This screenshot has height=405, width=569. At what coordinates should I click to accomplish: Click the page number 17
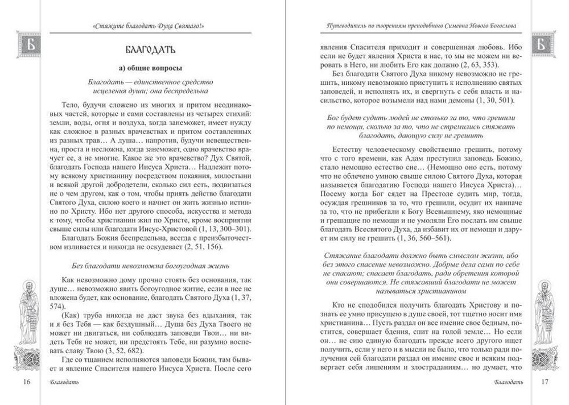point(545,381)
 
